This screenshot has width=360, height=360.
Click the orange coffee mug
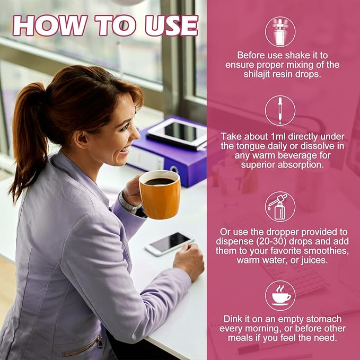click(x=160, y=195)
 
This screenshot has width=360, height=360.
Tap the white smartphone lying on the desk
click(x=170, y=244)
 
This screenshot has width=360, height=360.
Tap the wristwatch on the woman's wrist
click(x=128, y=204)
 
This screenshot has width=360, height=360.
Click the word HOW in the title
click(x=50, y=25)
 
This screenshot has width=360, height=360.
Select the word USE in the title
click(x=172, y=25)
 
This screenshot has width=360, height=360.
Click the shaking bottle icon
click(x=280, y=32)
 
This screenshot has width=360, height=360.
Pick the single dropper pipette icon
click(x=280, y=111)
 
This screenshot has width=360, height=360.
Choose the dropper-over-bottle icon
click(x=280, y=207)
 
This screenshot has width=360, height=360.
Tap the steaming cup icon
click(x=280, y=296)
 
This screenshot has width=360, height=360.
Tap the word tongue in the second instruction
click(x=249, y=146)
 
